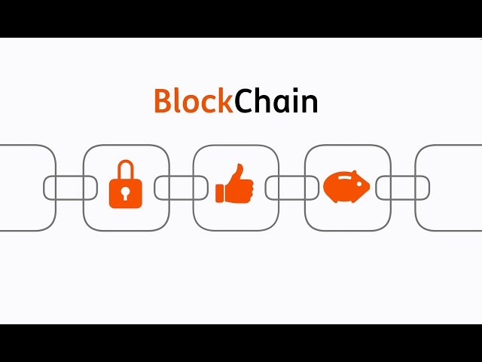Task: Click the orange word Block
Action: (x=194, y=101)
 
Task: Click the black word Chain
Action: (x=276, y=101)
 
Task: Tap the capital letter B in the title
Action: (x=163, y=102)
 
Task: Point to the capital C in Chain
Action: (x=246, y=102)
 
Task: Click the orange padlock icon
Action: (x=125, y=187)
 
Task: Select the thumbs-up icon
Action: (x=235, y=186)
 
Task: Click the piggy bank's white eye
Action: (x=358, y=183)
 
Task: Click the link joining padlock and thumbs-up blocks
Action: (x=181, y=188)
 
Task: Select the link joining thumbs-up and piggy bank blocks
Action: (x=291, y=188)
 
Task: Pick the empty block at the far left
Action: (x=26, y=188)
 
